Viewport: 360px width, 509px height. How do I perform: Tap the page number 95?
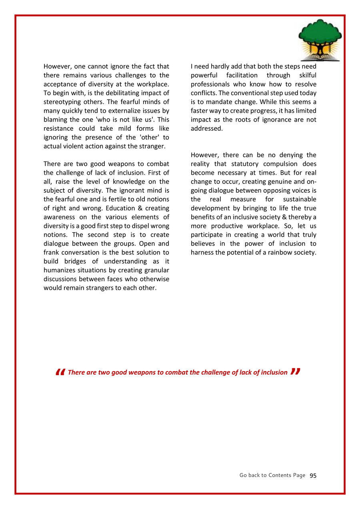(x=313, y=475)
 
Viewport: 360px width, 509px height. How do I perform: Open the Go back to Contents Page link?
(x=272, y=475)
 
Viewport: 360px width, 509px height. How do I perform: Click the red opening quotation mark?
(x=60, y=372)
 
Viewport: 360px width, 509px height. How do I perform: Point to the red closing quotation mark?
(x=295, y=372)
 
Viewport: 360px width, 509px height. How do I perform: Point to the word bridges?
(x=78, y=261)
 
